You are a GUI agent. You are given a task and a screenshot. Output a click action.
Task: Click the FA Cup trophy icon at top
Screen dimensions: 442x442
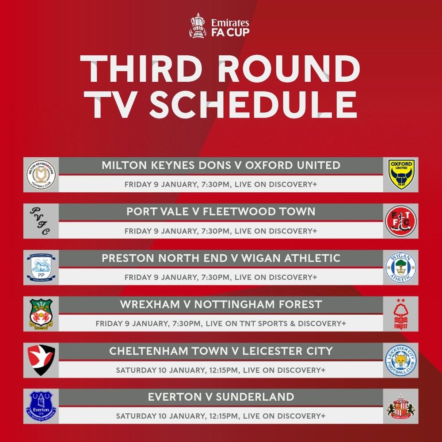197,26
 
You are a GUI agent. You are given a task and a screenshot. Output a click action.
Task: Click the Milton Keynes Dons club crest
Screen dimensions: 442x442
41,175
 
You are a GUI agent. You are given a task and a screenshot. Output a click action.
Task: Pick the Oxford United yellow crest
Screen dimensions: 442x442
401,175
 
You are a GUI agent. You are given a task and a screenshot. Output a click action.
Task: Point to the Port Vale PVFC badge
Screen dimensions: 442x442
41,221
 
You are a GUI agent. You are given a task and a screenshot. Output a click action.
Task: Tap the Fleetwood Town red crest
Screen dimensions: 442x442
401,221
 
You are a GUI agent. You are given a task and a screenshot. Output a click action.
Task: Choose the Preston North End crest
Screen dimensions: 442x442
41,267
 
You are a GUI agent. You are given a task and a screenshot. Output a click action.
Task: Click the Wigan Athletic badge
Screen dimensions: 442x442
401,267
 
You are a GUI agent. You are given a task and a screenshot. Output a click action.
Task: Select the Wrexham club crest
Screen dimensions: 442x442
41,314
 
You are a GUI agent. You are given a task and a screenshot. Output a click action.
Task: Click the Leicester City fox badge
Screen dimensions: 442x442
401,360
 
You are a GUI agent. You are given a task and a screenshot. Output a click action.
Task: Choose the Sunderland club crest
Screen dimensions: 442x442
401,407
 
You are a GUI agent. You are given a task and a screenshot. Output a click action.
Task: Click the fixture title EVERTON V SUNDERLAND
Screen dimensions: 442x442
221,397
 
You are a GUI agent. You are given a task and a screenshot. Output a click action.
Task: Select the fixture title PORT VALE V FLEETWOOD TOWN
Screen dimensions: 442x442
221,212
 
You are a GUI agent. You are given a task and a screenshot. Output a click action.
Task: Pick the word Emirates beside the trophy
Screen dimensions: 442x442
230,23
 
